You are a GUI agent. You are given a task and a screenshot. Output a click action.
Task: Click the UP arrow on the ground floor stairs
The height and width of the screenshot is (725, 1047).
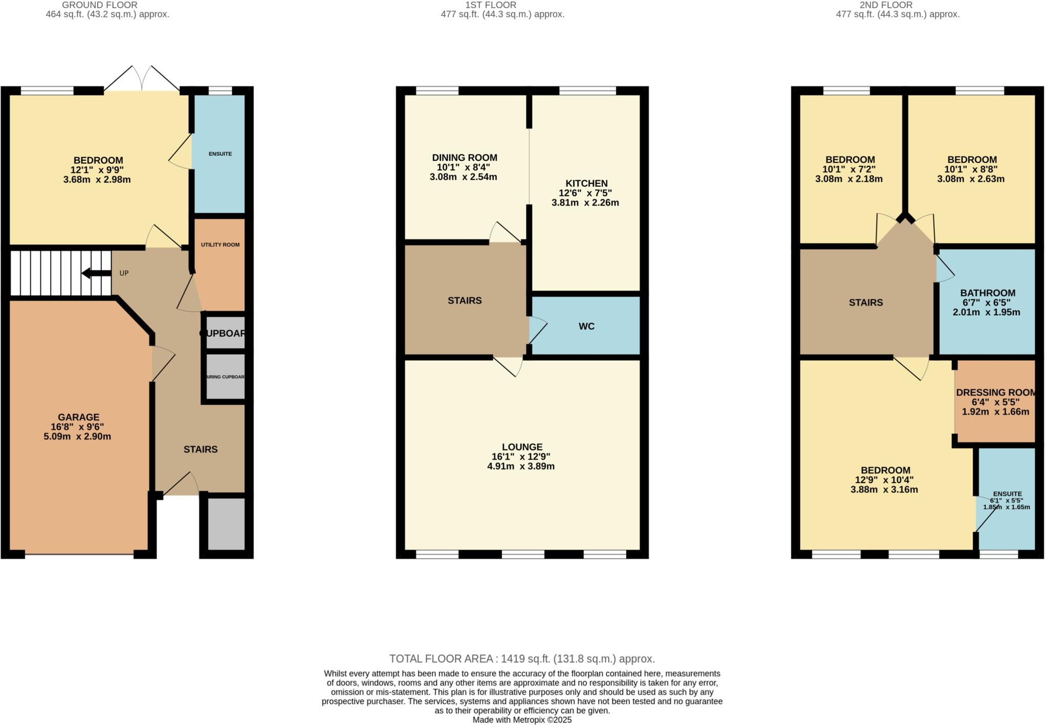coord(96,273)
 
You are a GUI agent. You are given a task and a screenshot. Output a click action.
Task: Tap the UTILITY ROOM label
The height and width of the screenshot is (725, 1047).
coord(220,245)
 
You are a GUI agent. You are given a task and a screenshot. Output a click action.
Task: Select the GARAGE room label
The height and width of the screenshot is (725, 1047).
coord(78,418)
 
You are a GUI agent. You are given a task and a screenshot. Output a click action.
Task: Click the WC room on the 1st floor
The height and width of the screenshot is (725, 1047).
coord(586,326)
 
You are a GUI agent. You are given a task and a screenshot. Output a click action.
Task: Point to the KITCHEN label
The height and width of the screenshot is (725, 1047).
coord(586,183)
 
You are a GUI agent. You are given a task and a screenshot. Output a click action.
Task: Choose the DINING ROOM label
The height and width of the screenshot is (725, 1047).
coord(464,158)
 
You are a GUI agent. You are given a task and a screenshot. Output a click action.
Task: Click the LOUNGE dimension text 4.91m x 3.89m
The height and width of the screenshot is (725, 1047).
coord(521,467)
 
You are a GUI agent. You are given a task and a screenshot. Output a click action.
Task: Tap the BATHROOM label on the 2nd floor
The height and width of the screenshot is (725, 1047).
coord(987,293)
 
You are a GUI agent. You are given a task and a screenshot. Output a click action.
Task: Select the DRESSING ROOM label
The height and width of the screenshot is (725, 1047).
coord(995,392)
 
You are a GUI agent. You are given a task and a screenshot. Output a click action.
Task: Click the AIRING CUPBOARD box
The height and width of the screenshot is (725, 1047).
coord(225,377)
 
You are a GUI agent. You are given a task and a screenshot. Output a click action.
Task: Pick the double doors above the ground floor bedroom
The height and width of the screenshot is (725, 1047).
coord(142,79)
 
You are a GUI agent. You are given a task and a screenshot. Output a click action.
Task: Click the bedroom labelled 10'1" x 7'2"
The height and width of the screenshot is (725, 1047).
coord(850,169)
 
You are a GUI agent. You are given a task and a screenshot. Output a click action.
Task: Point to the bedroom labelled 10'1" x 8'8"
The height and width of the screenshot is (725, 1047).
coord(971,169)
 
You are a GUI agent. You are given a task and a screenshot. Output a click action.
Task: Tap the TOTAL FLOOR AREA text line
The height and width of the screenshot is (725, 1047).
coord(522,659)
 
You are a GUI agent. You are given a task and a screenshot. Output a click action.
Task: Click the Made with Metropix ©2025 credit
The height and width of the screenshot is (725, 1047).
coord(522,720)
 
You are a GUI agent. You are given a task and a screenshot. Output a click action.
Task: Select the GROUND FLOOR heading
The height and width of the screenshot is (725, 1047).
coord(100,5)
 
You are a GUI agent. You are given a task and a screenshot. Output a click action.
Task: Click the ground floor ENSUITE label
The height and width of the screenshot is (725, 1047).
coord(220,153)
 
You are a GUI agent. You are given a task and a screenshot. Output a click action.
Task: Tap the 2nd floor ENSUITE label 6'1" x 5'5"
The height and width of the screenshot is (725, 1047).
coord(1007,500)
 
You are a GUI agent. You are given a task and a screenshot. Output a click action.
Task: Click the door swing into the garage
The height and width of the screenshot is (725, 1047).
coord(163,363)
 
